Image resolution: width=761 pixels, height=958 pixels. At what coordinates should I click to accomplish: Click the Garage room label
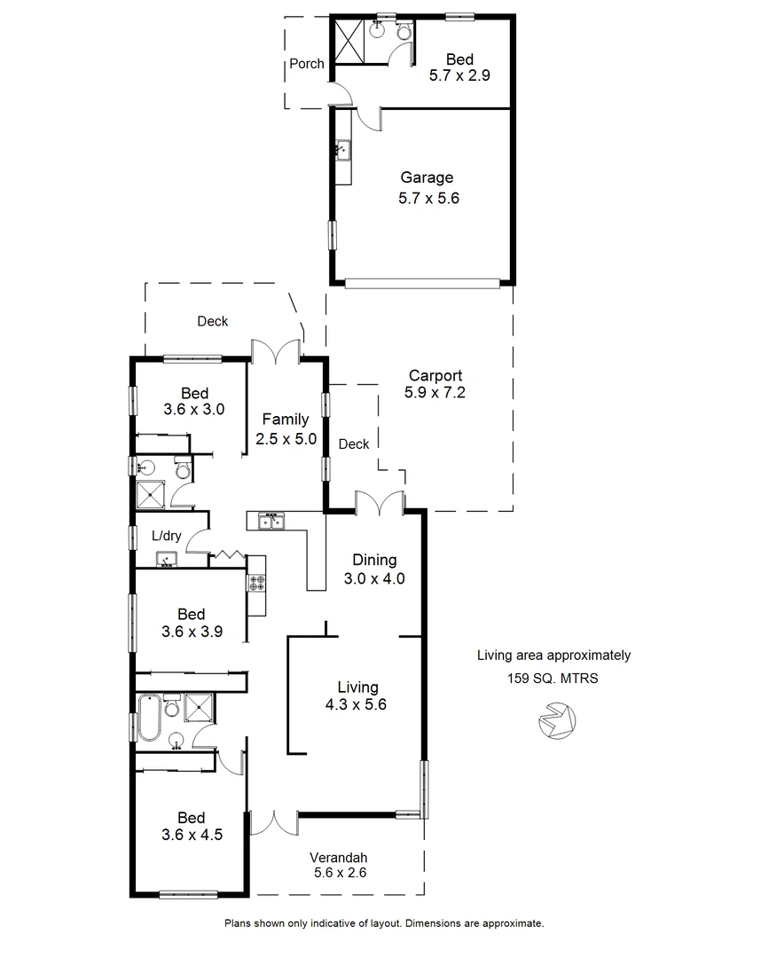[x=426, y=177]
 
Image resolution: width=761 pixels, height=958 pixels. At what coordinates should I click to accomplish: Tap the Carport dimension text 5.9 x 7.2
[x=435, y=393]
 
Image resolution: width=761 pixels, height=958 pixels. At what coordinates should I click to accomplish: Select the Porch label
[x=307, y=64]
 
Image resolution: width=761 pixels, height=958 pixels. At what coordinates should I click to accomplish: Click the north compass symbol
[x=556, y=720]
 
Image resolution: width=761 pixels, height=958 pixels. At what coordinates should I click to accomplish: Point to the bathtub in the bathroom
[x=149, y=718]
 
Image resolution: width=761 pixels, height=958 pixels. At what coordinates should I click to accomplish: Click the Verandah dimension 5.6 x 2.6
[x=338, y=873]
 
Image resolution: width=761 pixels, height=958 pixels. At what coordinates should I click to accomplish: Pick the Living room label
[x=357, y=687]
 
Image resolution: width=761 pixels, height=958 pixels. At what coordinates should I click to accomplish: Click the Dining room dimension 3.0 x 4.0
[x=374, y=579]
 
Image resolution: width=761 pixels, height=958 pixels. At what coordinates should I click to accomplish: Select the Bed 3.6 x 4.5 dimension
[x=191, y=836]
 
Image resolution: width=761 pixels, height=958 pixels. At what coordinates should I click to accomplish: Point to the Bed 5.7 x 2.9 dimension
[x=459, y=76]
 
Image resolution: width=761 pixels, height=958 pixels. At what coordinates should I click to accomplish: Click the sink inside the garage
[x=342, y=152]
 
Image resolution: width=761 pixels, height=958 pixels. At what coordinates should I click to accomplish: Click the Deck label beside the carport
[x=354, y=444]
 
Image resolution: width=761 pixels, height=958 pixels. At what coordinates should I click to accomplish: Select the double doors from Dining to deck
[x=380, y=503]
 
